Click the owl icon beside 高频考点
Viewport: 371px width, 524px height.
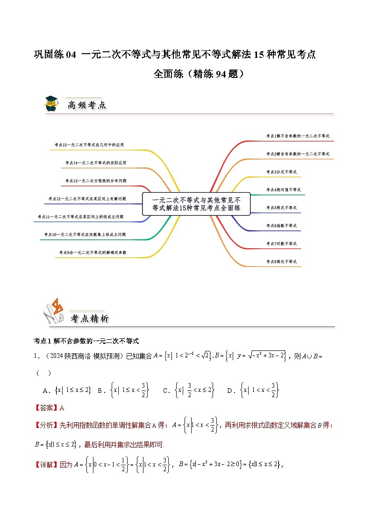(x=51, y=104)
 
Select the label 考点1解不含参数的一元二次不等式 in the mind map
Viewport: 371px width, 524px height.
(x=298, y=136)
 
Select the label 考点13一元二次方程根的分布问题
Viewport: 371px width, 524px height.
(x=95, y=181)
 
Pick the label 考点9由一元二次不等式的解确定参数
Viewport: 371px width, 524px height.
(x=93, y=252)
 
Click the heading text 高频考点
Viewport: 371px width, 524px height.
(x=86, y=105)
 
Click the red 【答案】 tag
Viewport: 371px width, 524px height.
(x=46, y=408)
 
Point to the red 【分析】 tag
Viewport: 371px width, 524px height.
(x=46, y=425)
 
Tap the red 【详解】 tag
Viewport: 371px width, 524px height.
(x=46, y=464)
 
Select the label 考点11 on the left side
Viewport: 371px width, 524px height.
(x=80, y=217)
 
